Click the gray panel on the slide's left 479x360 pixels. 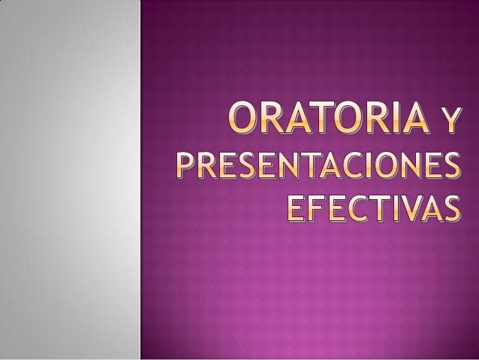click(70, 180)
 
